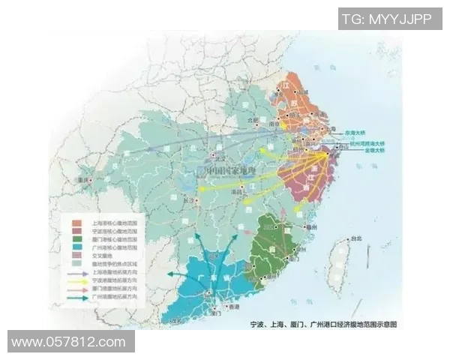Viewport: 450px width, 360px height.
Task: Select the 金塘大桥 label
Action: coord(368,150)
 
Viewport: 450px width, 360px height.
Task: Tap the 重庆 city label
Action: coord(83,180)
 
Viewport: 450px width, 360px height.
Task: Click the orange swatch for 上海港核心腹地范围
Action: coord(76,223)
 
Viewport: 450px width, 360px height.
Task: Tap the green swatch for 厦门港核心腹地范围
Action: coord(76,239)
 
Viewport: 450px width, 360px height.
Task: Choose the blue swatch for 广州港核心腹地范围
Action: coord(76,247)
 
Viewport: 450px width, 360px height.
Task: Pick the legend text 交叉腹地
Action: coord(104,256)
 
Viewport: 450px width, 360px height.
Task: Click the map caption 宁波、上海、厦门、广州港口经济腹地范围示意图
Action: coord(322,325)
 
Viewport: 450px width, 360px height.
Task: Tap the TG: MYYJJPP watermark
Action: coord(386,19)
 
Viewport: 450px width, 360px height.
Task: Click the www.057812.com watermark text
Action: coord(69,342)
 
